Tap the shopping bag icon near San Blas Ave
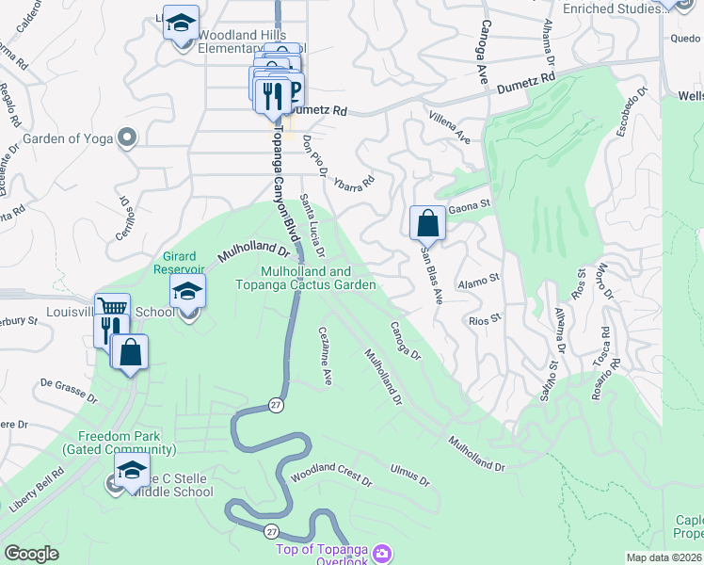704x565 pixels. click(428, 223)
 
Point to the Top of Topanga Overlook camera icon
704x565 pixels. click(382, 552)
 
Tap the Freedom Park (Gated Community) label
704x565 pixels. click(120, 443)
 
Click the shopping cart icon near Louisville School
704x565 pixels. click(113, 308)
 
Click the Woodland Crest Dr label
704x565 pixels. click(330, 473)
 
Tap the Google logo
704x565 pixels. click(31, 554)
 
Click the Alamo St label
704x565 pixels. click(477, 280)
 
